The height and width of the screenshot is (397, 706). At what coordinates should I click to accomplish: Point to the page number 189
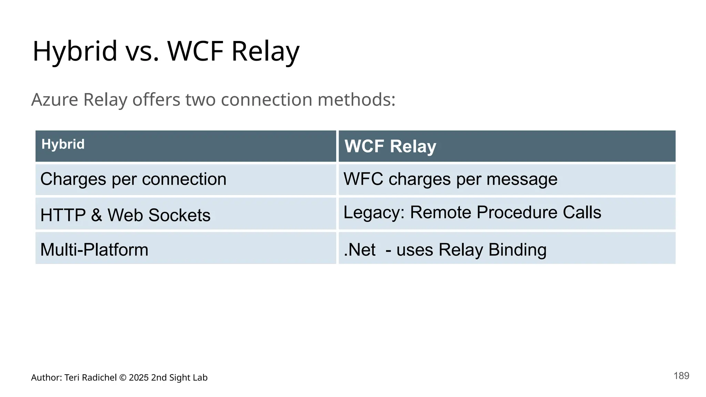(x=681, y=376)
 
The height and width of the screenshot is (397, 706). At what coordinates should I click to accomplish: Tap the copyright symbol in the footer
(x=123, y=378)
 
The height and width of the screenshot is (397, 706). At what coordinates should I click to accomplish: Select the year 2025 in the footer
(x=139, y=378)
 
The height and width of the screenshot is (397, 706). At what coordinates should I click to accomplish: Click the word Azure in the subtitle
(x=55, y=100)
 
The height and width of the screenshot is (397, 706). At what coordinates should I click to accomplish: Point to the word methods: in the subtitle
(x=356, y=100)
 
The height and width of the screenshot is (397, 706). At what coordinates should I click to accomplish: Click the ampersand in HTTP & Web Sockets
(x=97, y=215)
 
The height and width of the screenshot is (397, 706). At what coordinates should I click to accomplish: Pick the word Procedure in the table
(x=517, y=212)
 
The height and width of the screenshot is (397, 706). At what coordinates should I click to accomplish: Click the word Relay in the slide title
(x=265, y=51)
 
